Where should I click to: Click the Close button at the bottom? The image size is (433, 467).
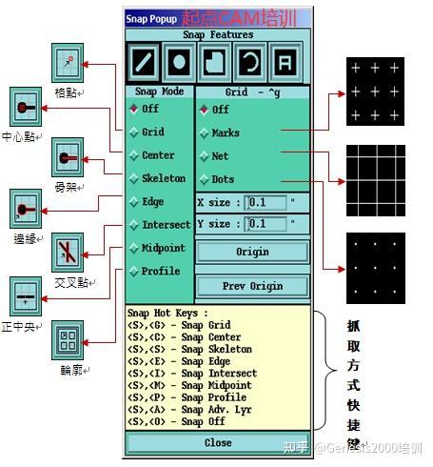(218, 443)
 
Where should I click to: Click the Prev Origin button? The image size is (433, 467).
(252, 286)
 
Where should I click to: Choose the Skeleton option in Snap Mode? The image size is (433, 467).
(163, 178)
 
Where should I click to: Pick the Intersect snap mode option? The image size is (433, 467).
(166, 225)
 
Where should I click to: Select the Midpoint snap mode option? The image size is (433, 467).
(165, 248)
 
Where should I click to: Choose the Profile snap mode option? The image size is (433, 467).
(161, 272)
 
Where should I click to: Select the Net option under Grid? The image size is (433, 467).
(220, 155)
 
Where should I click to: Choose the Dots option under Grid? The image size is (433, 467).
(223, 178)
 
